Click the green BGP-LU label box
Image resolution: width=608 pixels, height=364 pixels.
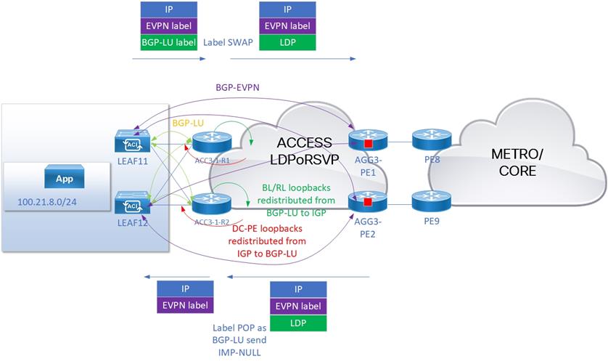pos(168,42)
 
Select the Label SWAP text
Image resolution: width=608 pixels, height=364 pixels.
pos(228,42)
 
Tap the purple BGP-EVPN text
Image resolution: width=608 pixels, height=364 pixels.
pos(239,86)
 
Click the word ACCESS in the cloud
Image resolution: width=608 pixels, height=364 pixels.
pos(304,142)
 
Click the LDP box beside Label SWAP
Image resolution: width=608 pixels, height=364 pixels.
pos(287,42)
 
